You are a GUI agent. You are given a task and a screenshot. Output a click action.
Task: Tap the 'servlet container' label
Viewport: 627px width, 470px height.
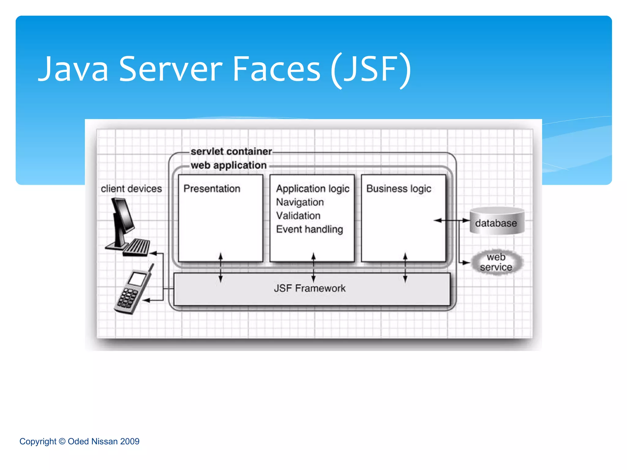point(231,151)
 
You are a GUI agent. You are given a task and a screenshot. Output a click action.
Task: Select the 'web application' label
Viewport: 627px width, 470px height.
point(228,165)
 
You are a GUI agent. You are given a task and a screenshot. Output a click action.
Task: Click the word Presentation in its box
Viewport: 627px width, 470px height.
point(212,188)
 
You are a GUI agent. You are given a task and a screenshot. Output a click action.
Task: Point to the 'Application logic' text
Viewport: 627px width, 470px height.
point(313,188)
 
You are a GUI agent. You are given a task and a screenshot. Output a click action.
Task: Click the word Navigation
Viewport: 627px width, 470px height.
point(300,202)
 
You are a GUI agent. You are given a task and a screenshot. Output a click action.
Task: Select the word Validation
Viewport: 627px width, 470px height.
point(298,216)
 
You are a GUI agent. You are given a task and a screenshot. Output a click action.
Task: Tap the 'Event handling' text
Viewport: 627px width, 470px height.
point(310,229)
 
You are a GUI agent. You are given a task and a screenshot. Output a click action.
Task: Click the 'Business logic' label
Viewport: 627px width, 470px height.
point(399,188)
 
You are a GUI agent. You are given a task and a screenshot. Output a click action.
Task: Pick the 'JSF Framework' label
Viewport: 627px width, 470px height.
point(310,288)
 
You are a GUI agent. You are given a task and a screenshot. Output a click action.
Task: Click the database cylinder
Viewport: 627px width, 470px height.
point(497,221)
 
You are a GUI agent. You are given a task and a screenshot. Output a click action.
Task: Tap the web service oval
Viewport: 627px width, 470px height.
point(496,262)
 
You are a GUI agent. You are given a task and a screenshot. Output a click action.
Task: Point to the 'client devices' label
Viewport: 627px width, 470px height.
point(131,188)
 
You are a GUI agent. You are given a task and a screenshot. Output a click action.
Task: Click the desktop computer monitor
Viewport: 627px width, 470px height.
point(123,216)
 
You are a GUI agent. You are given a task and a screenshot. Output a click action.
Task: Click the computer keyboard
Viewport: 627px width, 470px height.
point(137,247)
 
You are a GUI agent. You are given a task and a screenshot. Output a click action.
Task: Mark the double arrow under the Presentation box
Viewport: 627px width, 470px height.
point(220,267)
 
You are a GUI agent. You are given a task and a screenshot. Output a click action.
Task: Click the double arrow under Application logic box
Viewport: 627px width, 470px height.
point(313,267)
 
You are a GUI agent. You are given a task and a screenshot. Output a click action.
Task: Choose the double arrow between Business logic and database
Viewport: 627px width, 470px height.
point(452,220)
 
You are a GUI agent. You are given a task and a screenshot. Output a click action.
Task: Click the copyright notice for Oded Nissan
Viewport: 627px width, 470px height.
point(79,441)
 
